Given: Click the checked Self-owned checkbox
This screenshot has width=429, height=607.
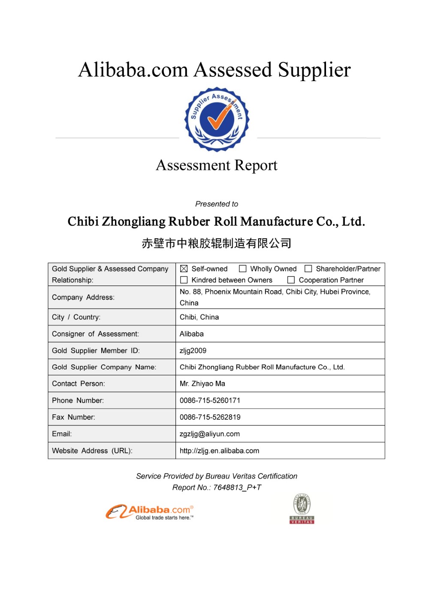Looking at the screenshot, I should [184, 269].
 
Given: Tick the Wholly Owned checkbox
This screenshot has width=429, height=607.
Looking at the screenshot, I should [243, 269].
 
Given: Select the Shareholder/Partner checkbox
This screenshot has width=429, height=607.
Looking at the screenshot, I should [308, 269].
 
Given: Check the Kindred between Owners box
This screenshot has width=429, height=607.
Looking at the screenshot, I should [184, 280].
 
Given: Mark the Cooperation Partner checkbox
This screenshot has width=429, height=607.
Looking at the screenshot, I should [291, 280].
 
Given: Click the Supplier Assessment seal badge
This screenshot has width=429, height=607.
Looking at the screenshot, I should [217, 120].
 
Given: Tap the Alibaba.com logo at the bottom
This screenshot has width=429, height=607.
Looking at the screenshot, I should [150, 512].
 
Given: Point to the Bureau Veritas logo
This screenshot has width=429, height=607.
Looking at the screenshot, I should [302, 509].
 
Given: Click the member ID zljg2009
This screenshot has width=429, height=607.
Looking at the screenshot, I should [193, 351].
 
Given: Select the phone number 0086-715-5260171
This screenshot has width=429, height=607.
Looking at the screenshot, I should [210, 401].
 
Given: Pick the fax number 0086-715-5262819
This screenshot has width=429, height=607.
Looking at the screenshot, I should [210, 417].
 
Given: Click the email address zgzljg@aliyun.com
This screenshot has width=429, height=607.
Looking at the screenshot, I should [209, 434].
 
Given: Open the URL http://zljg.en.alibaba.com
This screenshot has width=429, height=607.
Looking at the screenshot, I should [219, 451].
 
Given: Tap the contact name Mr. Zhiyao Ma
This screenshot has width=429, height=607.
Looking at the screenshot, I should [202, 384].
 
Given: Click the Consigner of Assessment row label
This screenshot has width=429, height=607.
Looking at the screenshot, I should [95, 334].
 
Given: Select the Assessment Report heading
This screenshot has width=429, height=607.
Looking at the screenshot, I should [217, 165].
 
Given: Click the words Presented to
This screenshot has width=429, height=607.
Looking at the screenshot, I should [217, 204].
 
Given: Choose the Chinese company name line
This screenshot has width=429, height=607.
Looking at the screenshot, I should [217, 243].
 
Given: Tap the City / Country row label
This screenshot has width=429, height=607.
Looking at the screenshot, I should [76, 317].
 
